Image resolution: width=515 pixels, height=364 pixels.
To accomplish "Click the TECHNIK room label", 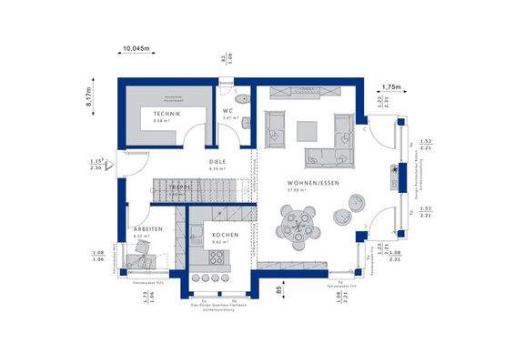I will [167, 113].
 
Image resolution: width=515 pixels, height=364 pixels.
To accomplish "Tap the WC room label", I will [229, 112].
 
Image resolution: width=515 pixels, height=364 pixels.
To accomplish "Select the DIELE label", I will [217, 162].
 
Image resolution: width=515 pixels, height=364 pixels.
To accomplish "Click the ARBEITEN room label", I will [147, 228].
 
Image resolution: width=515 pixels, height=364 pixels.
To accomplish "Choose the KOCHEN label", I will [225, 235].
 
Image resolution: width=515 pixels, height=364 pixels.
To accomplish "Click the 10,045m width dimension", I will [136, 50].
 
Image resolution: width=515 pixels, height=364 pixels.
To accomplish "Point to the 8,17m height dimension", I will [88, 96].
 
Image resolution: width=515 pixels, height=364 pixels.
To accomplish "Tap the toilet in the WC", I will [246, 96].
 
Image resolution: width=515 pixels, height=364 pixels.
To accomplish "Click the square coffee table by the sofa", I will [309, 128].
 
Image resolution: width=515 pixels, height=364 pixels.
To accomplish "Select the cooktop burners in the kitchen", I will [217, 278].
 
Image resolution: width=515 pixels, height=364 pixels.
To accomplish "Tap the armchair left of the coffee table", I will [275, 126].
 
